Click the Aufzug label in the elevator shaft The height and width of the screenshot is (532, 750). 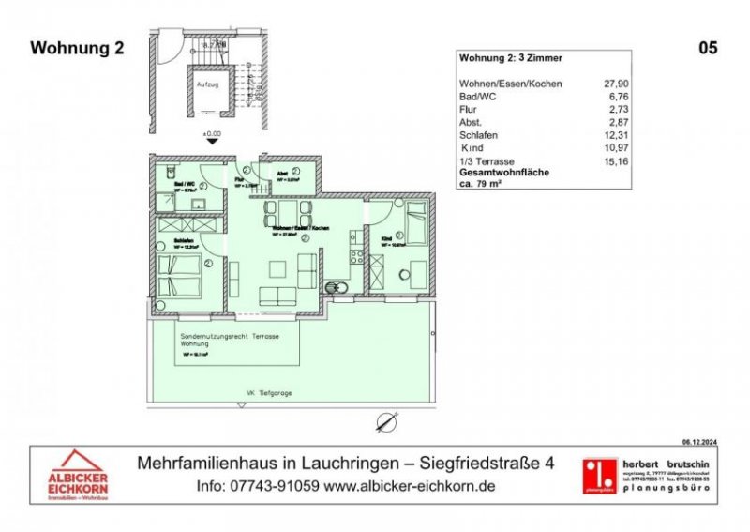pyautogui.click(x=207, y=83)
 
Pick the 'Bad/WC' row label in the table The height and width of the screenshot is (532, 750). pyautogui.click(x=476, y=95)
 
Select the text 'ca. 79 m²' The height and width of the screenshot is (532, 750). pyautogui.click(x=485, y=183)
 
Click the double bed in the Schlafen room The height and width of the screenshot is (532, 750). pyautogui.click(x=178, y=274)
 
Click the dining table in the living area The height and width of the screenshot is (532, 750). pyautogui.click(x=283, y=209)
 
